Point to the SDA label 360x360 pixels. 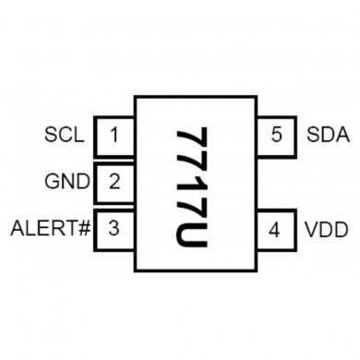327,137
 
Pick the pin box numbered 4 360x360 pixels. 274,228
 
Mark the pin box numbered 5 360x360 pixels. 275,137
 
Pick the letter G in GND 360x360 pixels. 53,181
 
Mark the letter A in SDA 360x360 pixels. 342,137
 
